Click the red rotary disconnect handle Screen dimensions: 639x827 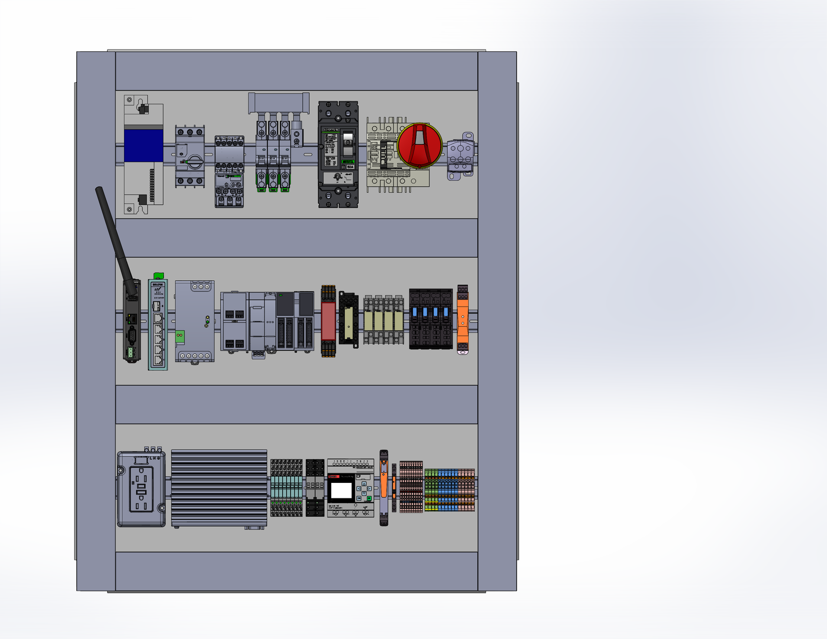pyautogui.click(x=420, y=145)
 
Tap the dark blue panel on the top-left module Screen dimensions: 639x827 pyautogui.click(x=144, y=145)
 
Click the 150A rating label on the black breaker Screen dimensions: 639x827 pyautogui.click(x=350, y=167)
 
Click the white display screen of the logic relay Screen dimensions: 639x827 pyautogui.click(x=341, y=489)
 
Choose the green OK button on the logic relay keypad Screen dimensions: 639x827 pyautogui.click(x=369, y=498)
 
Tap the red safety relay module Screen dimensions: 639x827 pyautogui.click(x=328, y=321)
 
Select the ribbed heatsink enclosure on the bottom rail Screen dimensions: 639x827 pyautogui.click(x=219, y=488)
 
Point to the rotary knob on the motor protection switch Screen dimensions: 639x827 pyautogui.click(x=194, y=161)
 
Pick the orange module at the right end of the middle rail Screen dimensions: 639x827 pyautogui.click(x=463, y=319)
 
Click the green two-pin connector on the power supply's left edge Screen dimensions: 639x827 pyautogui.click(x=180, y=336)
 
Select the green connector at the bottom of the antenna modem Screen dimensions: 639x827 pyautogui.click(x=131, y=352)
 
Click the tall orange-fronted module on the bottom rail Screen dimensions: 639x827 pyautogui.click(x=384, y=488)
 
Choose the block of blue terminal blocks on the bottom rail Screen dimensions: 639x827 pyautogui.click(x=448, y=490)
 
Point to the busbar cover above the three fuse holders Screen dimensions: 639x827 pyautogui.click(x=279, y=102)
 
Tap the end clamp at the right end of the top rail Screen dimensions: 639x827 pyautogui.click(x=461, y=156)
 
